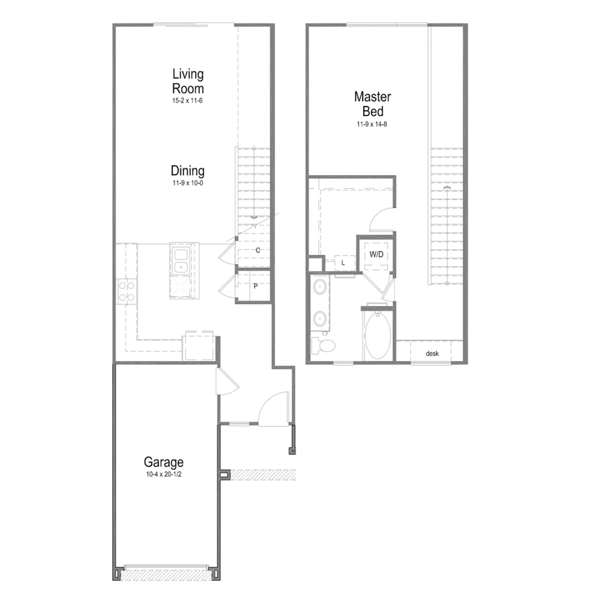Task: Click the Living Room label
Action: click(188, 81)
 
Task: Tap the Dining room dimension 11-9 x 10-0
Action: click(188, 183)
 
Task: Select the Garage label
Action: click(163, 462)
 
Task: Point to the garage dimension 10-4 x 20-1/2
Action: click(163, 474)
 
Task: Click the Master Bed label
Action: click(372, 103)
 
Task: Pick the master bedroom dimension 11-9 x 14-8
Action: click(372, 124)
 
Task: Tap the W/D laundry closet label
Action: click(376, 254)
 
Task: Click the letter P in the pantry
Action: click(256, 286)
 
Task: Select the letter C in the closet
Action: click(258, 250)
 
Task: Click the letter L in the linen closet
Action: click(343, 263)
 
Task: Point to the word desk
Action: click(432, 353)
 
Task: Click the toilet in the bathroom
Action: click(323, 346)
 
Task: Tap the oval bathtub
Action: click(377, 336)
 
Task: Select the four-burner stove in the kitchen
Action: click(126, 291)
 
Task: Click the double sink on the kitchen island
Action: click(181, 261)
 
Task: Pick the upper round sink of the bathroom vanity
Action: click(320, 287)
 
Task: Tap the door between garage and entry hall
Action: click(228, 381)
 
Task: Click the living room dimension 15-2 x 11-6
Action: click(187, 101)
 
